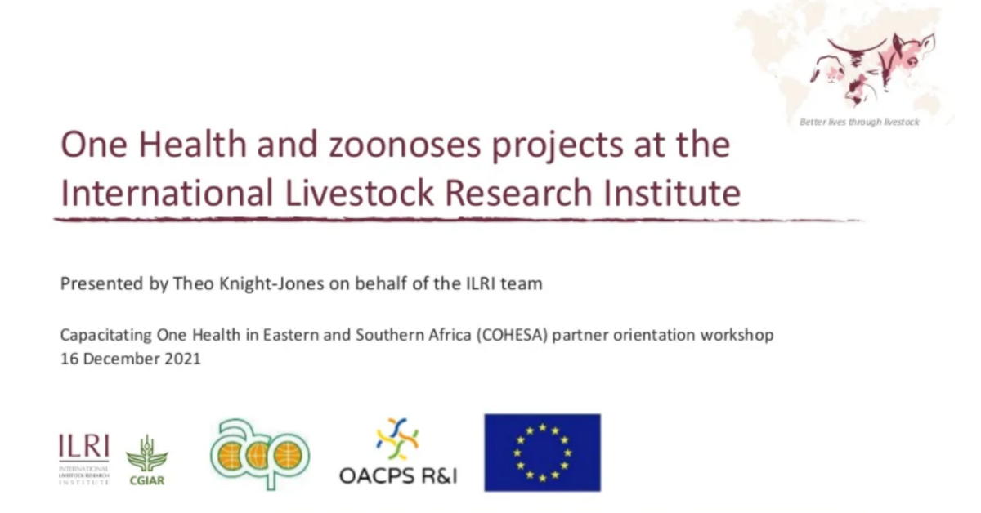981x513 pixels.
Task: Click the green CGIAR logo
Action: (146, 461)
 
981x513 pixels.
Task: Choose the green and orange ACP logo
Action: (259, 453)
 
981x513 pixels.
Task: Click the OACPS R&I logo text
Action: (398, 475)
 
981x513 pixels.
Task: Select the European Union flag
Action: (542, 453)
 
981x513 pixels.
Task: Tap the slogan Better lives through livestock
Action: (859, 122)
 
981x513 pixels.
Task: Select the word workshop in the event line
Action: (741, 335)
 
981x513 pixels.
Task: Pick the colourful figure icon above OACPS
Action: (397, 439)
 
